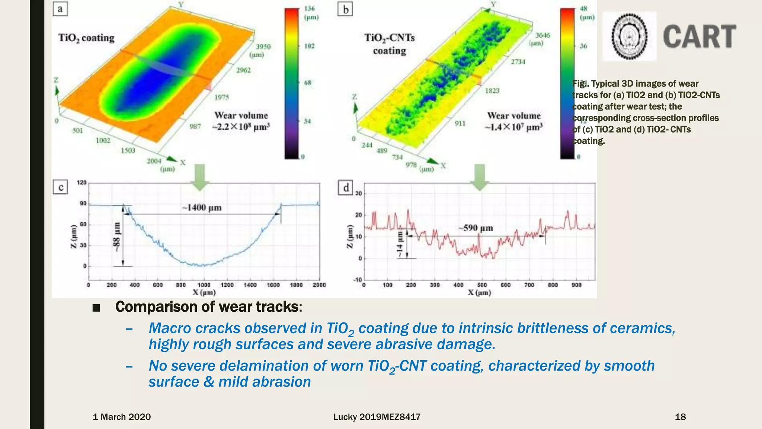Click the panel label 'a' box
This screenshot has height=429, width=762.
[60, 9]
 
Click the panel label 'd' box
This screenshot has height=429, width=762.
[346, 187]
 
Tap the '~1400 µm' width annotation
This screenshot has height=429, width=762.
[202, 207]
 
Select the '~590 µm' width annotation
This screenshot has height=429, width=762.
[476, 228]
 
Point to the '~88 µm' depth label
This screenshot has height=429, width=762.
[117, 237]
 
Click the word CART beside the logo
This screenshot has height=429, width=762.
[699, 36]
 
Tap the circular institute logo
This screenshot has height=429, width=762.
[630, 36]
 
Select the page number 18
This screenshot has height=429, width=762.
[680, 417]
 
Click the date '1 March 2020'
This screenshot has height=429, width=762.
[122, 417]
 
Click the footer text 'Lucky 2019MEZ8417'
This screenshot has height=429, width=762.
[377, 417]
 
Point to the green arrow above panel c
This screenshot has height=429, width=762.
[200, 177]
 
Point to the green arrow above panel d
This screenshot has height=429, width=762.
[480, 177]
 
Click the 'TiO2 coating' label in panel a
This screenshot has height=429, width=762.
[86, 38]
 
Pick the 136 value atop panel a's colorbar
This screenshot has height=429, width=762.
[310, 9]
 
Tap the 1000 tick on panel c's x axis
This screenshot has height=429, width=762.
[204, 285]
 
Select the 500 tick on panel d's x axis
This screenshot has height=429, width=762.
[482, 285]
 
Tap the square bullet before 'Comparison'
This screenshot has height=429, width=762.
[96, 308]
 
